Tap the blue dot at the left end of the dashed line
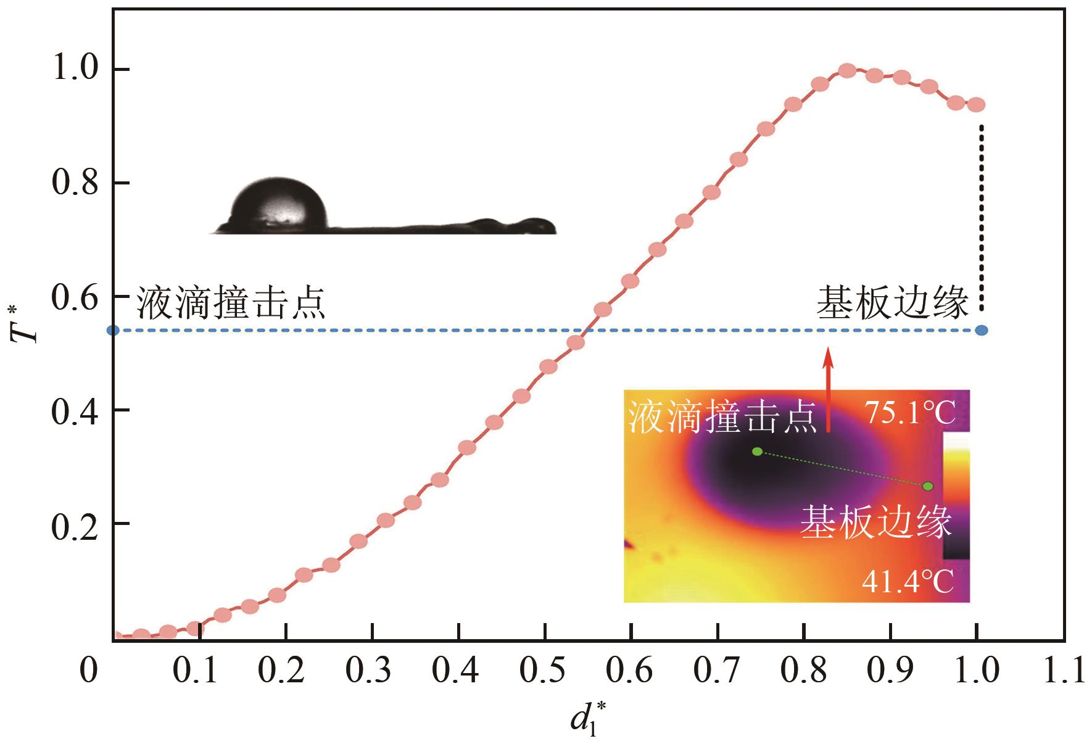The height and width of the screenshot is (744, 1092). click(114, 331)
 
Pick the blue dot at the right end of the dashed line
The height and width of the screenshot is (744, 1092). click(982, 331)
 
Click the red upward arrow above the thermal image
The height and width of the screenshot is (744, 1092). click(829, 389)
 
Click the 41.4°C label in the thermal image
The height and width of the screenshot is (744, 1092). click(907, 581)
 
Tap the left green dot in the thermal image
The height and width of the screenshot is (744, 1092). click(758, 452)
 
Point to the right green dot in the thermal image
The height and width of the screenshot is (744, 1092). click(928, 486)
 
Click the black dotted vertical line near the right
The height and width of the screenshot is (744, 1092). click(982, 216)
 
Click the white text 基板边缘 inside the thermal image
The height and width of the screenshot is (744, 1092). click(876, 523)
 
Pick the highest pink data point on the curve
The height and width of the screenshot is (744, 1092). click(848, 70)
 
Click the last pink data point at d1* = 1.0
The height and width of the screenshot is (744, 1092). click(976, 105)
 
